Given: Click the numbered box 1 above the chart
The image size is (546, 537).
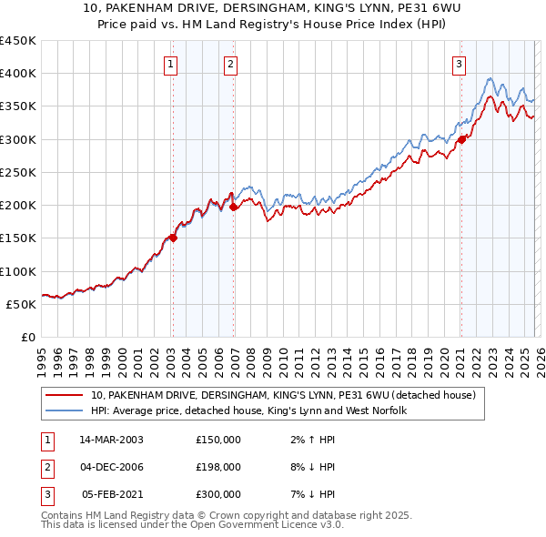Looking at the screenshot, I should (172, 64).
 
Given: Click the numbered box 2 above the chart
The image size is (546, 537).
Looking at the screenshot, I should (231, 64).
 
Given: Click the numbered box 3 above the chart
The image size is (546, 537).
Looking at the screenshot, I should (460, 64).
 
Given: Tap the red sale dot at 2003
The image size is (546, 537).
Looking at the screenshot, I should (173, 238).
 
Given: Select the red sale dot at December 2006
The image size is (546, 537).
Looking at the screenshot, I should (233, 207).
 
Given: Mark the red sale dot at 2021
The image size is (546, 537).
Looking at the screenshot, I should (461, 139).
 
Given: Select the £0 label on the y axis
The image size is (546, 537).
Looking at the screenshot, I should (29, 337).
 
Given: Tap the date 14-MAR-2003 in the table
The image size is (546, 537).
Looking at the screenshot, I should (111, 440).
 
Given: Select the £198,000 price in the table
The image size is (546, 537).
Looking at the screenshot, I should (218, 467).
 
